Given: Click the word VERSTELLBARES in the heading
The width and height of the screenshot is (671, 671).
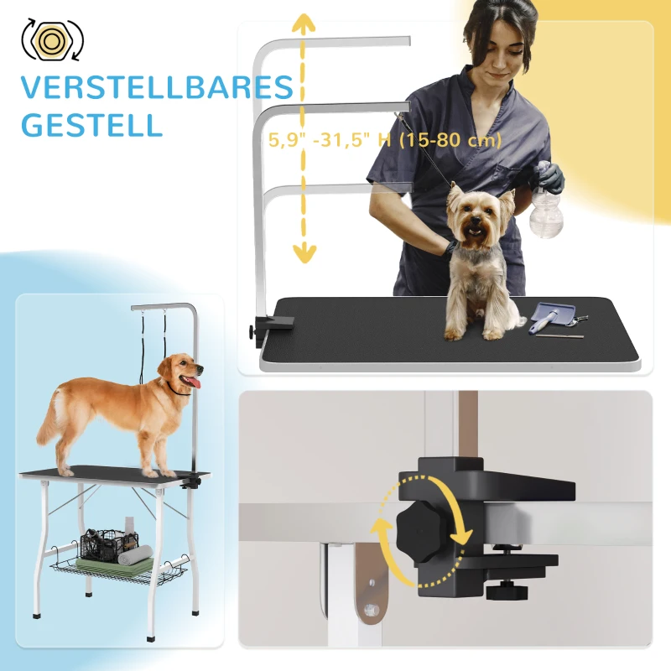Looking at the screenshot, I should pos(158,87).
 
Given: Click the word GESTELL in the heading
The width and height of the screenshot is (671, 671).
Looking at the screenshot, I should pos(91,125).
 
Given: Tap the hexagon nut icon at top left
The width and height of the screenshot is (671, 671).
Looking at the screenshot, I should pos(51,39).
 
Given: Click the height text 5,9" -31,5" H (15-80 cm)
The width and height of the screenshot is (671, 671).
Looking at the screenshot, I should pos(385,140).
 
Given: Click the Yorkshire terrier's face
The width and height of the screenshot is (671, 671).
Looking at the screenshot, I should pos(476,220).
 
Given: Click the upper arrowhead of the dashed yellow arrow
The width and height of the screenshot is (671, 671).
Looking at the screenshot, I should pos(304,23).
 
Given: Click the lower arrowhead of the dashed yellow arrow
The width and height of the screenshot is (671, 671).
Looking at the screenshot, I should pos(304,252).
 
